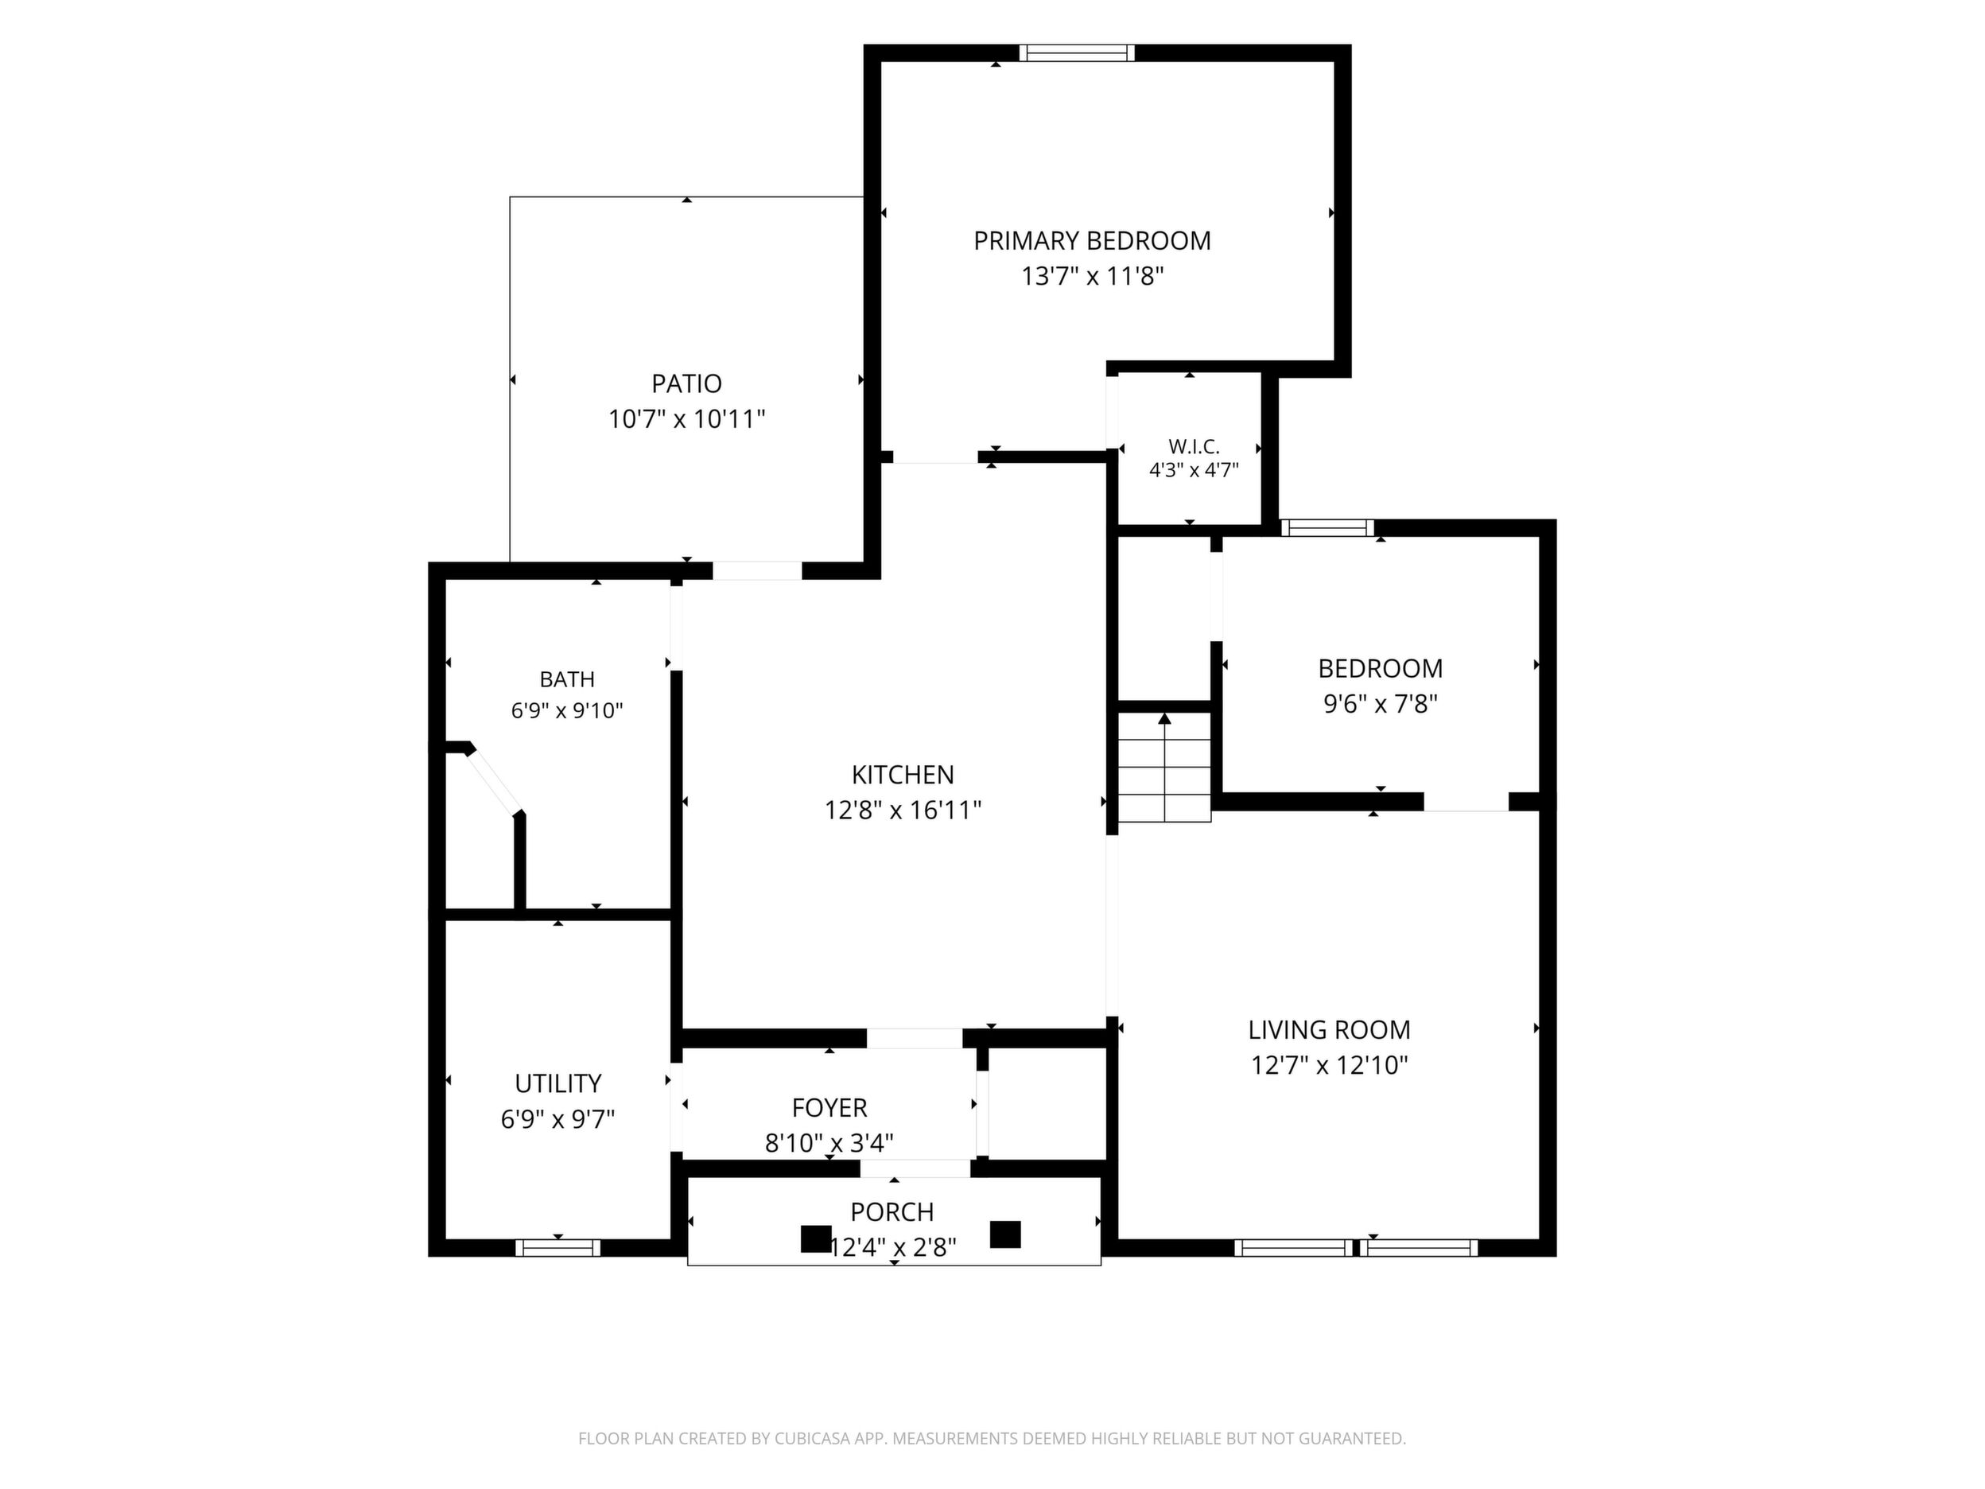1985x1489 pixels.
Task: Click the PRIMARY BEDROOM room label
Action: click(1092, 240)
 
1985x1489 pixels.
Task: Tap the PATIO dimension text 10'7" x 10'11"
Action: click(686, 419)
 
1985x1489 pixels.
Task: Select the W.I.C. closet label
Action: click(1194, 446)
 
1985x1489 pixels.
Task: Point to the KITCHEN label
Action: click(903, 775)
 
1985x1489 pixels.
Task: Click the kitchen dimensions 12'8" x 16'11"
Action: click(903, 811)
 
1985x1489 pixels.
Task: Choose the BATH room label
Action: click(567, 679)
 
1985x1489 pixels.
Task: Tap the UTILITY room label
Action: click(558, 1083)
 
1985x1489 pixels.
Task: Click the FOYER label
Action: click(829, 1107)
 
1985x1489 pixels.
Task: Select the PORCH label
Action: click(892, 1211)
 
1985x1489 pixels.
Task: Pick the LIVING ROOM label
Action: click(1329, 1029)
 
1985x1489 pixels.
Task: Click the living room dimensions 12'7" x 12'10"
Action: click(1329, 1065)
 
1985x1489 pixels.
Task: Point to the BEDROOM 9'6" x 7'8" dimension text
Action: click(1380, 704)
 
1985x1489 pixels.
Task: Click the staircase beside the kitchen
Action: click(1164, 767)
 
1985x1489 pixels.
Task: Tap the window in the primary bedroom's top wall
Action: click(1076, 53)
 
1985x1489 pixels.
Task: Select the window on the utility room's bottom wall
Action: click(557, 1247)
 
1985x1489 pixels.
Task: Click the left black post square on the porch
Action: click(816, 1238)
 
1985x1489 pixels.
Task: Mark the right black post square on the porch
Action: click(1005, 1234)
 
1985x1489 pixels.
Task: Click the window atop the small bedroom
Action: click(1327, 527)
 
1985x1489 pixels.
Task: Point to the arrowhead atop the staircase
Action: click(1164, 718)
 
